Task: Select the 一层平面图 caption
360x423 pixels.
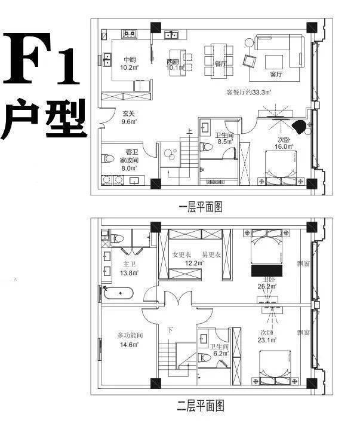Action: coord(201,207)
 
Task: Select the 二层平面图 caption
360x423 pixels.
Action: coord(201,407)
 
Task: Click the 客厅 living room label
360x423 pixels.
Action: coord(276,75)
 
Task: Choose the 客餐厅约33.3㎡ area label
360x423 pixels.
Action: coord(249,93)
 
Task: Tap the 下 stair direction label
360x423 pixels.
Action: coord(171,330)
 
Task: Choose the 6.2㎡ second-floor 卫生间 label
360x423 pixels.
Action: coord(218,350)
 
